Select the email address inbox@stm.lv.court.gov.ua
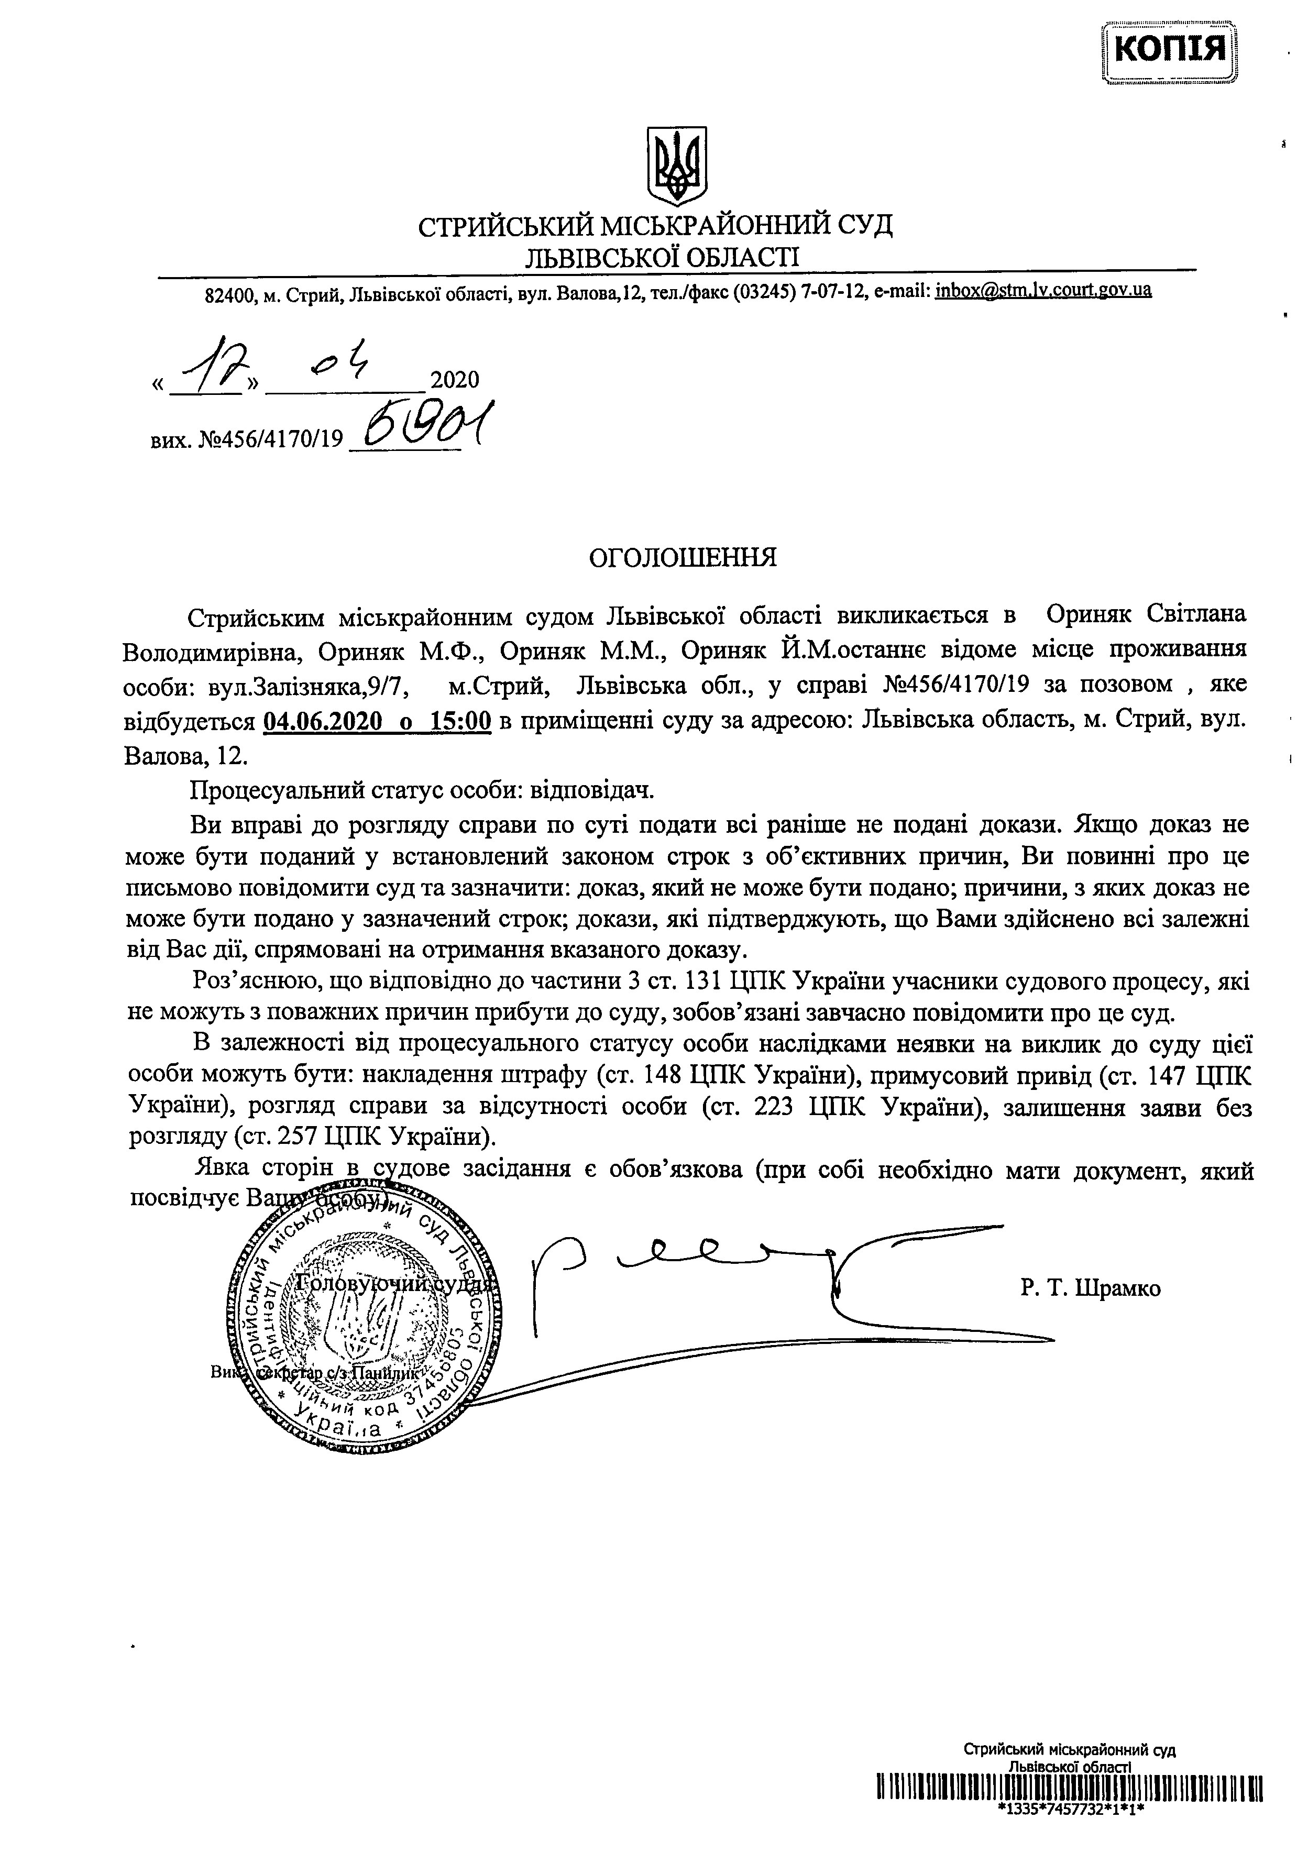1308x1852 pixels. (x=1043, y=291)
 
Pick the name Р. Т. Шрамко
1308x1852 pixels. (x=1090, y=1288)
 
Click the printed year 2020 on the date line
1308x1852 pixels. (x=455, y=380)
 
